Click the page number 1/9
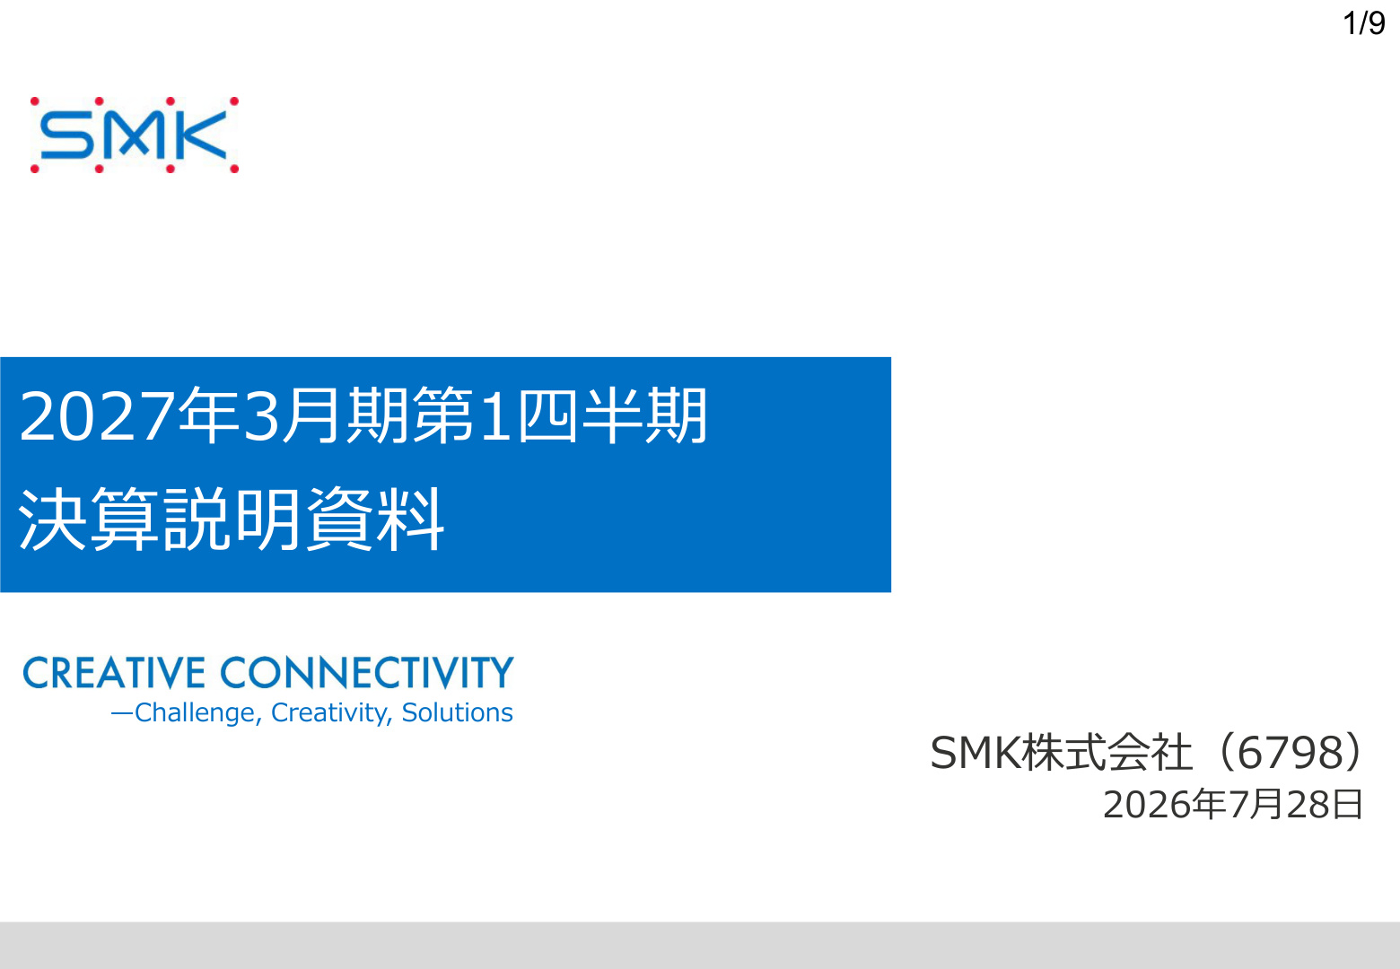pyautogui.click(x=1364, y=23)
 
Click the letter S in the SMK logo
pyautogui.click(x=67, y=135)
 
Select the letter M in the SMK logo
pyautogui.click(x=135, y=135)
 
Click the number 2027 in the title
pyautogui.click(x=97, y=416)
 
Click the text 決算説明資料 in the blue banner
pyautogui.click(x=232, y=519)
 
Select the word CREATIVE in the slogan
pyautogui.click(x=114, y=673)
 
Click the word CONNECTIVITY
pyautogui.click(x=367, y=673)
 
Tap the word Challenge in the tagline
pyautogui.click(x=195, y=713)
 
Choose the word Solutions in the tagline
pyautogui.click(x=457, y=713)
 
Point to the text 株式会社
pyautogui.click(x=1107, y=753)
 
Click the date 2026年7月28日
pyautogui.click(x=1232, y=805)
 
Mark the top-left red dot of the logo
pyautogui.click(x=35, y=101)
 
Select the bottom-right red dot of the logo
pyautogui.click(x=234, y=169)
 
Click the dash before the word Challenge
pyautogui.click(x=122, y=714)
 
